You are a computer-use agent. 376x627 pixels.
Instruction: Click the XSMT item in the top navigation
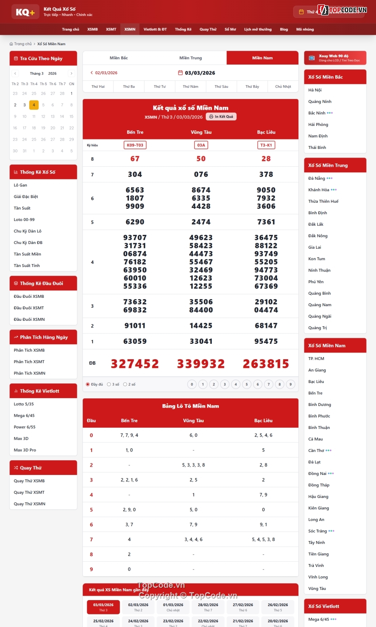click(x=111, y=29)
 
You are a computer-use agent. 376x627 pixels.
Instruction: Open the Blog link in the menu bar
click(x=284, y=29)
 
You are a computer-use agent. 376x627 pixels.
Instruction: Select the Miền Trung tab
click(x=190, y=58)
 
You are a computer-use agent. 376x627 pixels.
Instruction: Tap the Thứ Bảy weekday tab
click(x=252, y=86)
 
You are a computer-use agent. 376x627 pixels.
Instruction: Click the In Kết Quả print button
click(x=221, y=116)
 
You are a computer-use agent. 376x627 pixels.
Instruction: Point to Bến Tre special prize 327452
click(x=135, y=364)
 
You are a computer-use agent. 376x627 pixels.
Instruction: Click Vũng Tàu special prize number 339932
click(x=201, y=364)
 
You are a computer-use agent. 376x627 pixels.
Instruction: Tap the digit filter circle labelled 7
click(x=269, y=384)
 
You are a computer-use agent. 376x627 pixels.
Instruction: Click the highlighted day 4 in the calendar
click(x=34, y=105)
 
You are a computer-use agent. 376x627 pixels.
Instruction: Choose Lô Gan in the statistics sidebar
click(x=21, y=185)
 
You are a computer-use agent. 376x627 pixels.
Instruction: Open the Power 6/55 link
click(x=25, y=427)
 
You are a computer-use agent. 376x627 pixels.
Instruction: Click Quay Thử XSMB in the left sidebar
click(x=29, y=481)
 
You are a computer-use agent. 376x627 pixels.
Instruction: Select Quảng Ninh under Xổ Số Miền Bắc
click(x=320, y=101)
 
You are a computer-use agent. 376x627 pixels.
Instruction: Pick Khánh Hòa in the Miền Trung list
click(x=319, y=190)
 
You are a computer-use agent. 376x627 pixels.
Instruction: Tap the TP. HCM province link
click(x=316, y=358)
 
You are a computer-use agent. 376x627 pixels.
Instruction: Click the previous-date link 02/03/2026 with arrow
click(x=104, y=73)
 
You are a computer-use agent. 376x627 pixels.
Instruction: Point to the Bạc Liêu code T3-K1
click(x=266, y=145)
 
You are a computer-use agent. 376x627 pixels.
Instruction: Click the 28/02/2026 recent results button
click(x=208, y=607)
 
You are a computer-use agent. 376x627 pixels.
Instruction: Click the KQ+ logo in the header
click(x=25, y=12)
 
